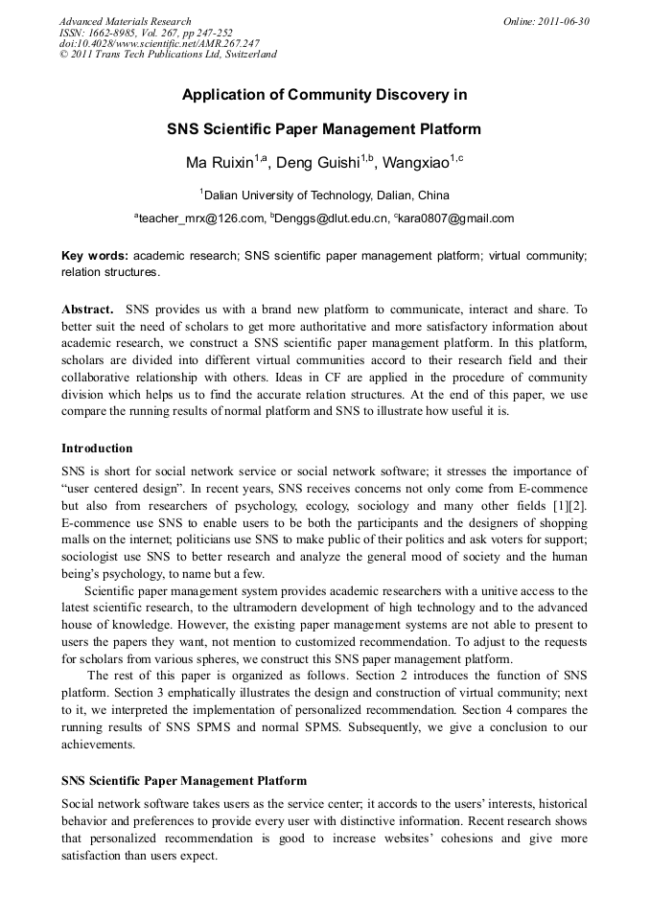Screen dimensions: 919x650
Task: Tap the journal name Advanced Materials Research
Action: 125,21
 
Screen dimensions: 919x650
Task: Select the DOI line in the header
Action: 159,43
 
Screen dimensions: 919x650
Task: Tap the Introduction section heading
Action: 97,448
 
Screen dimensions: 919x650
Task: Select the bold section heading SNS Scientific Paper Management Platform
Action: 184,781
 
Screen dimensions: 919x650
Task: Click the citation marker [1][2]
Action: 569,505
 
